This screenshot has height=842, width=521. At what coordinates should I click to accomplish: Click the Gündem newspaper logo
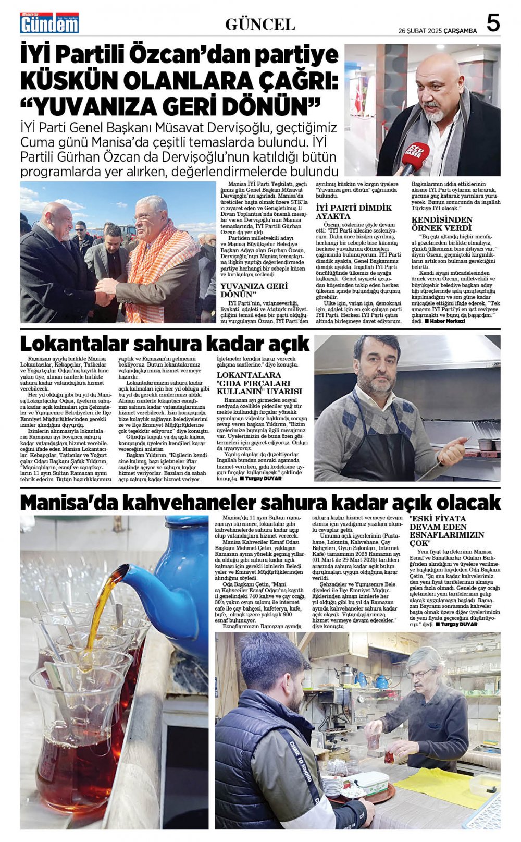coord(49,23)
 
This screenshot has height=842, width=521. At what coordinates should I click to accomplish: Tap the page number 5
coord(493,23)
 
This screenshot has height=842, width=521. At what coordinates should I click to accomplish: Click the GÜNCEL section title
coord(260,24)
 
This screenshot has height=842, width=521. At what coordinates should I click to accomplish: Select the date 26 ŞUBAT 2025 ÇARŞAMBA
coord(437,31)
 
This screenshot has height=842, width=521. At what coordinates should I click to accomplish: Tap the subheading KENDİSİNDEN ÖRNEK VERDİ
coord(442,224)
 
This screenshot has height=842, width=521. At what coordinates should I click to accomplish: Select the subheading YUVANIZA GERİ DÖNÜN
coord(254,290)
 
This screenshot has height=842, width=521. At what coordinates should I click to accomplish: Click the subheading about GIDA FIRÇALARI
coord(259,383)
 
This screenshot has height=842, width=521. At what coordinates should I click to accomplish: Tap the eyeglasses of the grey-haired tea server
coord(420,675)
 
